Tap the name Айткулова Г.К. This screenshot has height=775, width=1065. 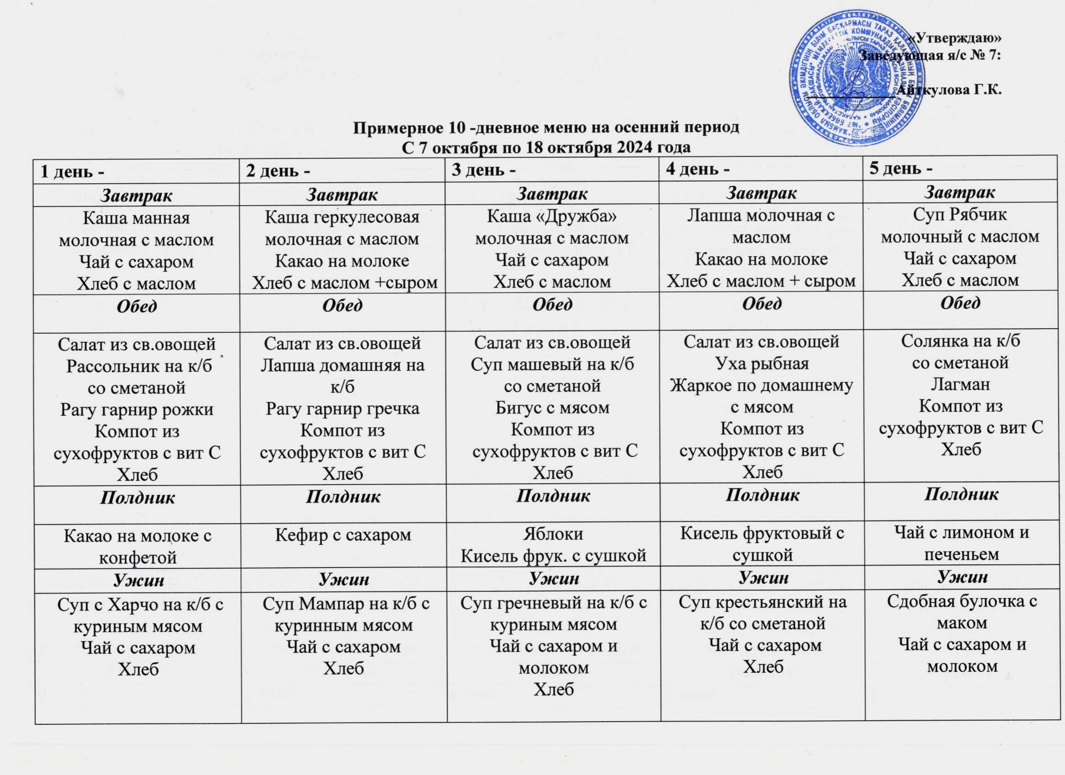click(949, 90)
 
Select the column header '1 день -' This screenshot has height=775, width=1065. click(73, 172)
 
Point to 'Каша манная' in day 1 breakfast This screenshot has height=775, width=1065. click(136, 218)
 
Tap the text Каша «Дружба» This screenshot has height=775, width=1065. click(552, 216)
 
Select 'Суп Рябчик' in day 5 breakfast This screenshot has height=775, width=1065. click(960, 214)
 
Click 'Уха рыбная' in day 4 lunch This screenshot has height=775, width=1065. click(762, 363)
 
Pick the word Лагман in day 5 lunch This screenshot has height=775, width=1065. click(960, 384)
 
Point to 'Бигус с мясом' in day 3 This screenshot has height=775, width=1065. click(552, 408)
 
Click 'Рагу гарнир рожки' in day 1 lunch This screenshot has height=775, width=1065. click(137, 409)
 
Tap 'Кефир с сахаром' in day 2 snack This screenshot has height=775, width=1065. click(343, 534)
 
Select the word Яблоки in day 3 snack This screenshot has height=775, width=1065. click(553, 534)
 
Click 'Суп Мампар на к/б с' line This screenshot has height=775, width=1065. click(346, 604)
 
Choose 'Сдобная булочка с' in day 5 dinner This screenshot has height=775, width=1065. click(962, 602)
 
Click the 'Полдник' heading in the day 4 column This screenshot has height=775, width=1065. click(762, 495)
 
